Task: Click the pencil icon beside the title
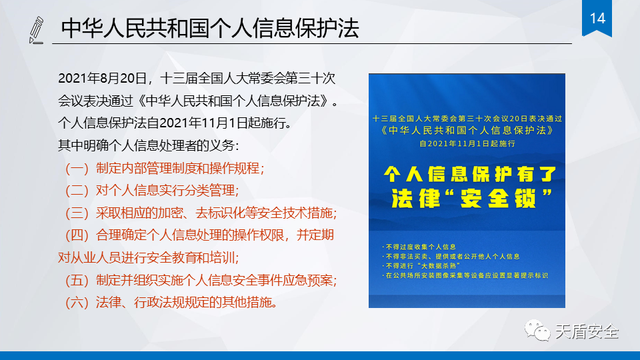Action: point(36,30)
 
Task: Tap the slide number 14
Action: point(597,19)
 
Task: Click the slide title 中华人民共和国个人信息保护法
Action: point(210,28)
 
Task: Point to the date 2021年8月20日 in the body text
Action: point(103,78)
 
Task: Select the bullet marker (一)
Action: point(77,168)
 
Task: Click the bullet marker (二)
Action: point(77,190)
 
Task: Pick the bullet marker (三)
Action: point(77,213)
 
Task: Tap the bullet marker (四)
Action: point(77,235)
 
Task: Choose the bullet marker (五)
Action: point(77,280)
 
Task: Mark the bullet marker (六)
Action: point(77,302)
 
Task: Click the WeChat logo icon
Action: point(537,330)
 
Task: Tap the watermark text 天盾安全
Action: point(587,331)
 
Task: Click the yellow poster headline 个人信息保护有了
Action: point(470,174)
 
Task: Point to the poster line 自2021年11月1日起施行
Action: point(467,144)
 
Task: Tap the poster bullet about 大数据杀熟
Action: point(421,266)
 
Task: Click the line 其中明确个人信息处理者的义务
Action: point(149,145)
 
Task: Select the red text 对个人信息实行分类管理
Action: point(167,190)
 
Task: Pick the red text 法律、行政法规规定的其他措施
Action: point(187,302)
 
